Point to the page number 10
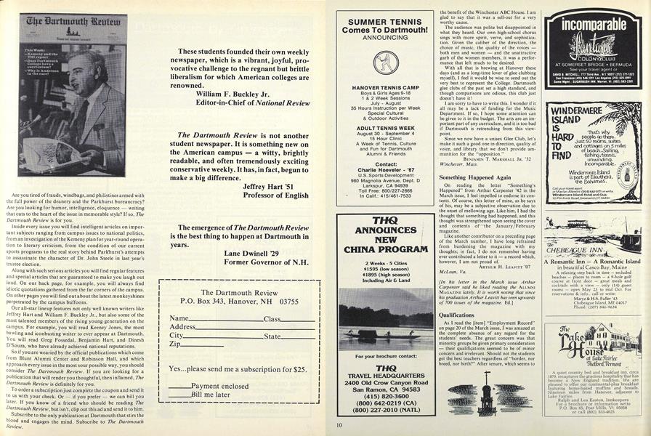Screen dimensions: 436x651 click(339, 425)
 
